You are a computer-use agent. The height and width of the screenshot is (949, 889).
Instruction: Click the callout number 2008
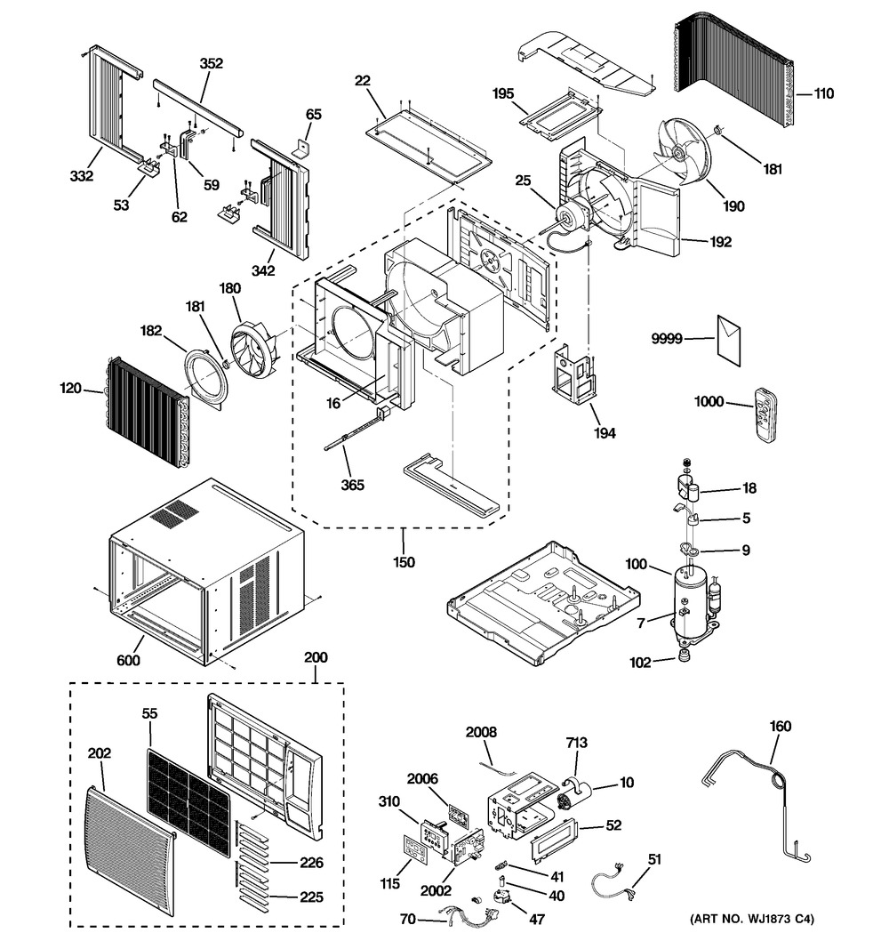pos(480,731)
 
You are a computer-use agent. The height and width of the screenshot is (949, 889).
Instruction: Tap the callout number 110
pos(824,92)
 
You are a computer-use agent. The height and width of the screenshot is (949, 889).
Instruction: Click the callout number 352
pos(212,63)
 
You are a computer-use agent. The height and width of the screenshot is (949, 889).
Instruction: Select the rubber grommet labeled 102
pos(685,656)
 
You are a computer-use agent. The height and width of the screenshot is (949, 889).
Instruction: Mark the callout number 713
pos(576,742)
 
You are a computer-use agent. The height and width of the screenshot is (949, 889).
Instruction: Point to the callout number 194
pos(607,433)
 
